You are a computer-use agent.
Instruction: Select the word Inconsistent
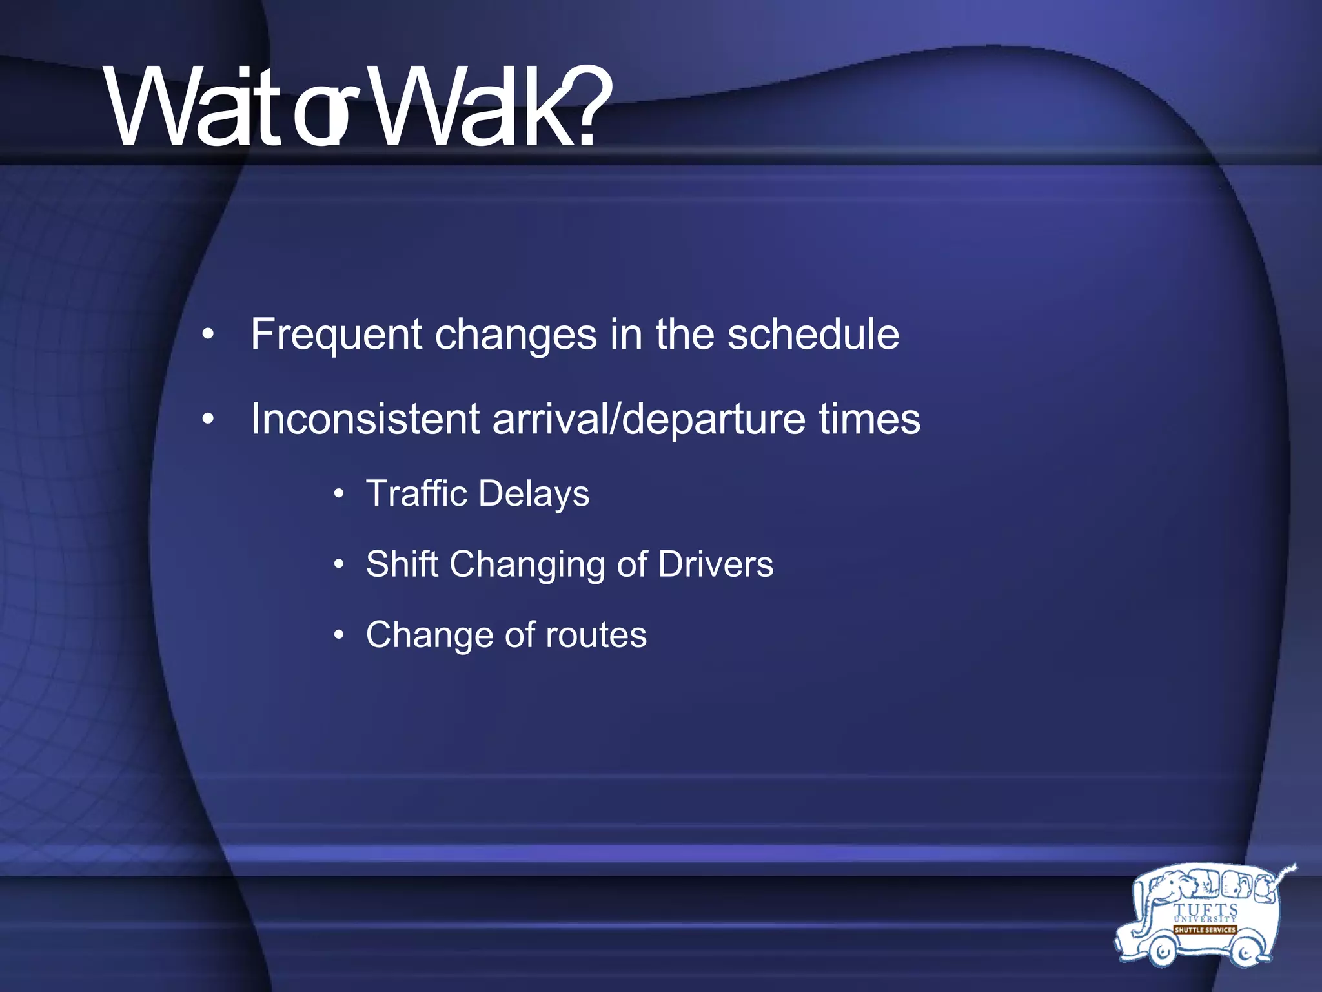tap(365, 418)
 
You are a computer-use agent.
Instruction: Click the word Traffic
tap(416, 493)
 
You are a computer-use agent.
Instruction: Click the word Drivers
tap(715, 564)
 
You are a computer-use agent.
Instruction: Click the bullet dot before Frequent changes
tap(207, 335)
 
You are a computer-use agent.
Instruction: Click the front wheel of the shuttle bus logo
tap(1162, 951)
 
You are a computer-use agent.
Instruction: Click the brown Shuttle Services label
tap(1205, 930)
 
